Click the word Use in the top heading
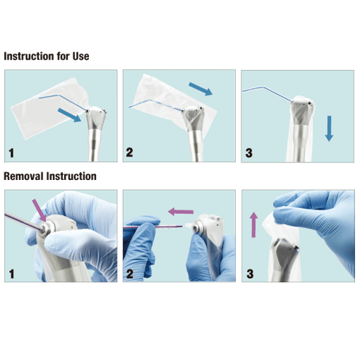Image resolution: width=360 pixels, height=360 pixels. tap(79, 56)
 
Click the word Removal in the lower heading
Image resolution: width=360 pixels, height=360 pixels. tap(23, 176)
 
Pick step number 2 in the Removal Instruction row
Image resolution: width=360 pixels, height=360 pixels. tap(129, 272)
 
